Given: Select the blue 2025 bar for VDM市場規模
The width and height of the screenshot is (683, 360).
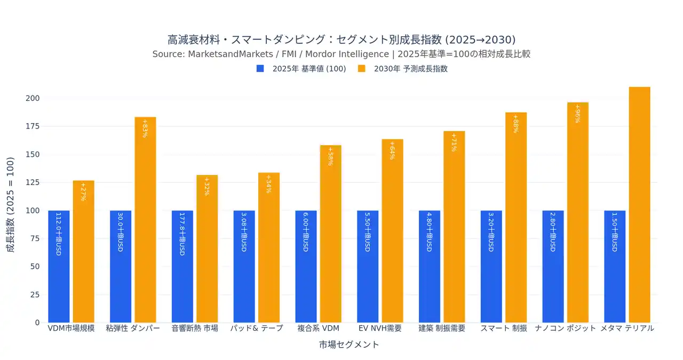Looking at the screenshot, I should [59, 266].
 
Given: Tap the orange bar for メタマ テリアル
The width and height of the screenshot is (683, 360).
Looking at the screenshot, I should [639, 205].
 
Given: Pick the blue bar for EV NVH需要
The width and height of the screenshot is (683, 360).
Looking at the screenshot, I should [368, 266].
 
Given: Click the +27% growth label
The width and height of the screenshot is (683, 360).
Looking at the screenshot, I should [83, 192].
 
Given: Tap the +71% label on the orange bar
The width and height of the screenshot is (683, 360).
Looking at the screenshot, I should [454, 142].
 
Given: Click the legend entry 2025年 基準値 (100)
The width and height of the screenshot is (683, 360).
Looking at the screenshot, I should [301, 69].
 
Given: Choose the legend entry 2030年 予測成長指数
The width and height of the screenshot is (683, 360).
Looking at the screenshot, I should [402, 69].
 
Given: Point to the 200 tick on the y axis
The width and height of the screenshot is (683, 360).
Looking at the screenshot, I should [33, 98].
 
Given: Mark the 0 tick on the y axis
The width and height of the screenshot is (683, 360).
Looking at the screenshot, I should [37, 323].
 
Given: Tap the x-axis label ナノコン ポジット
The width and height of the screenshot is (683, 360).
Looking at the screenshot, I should [566, 329].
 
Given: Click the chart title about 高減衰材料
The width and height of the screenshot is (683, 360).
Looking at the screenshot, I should [341, 40].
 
